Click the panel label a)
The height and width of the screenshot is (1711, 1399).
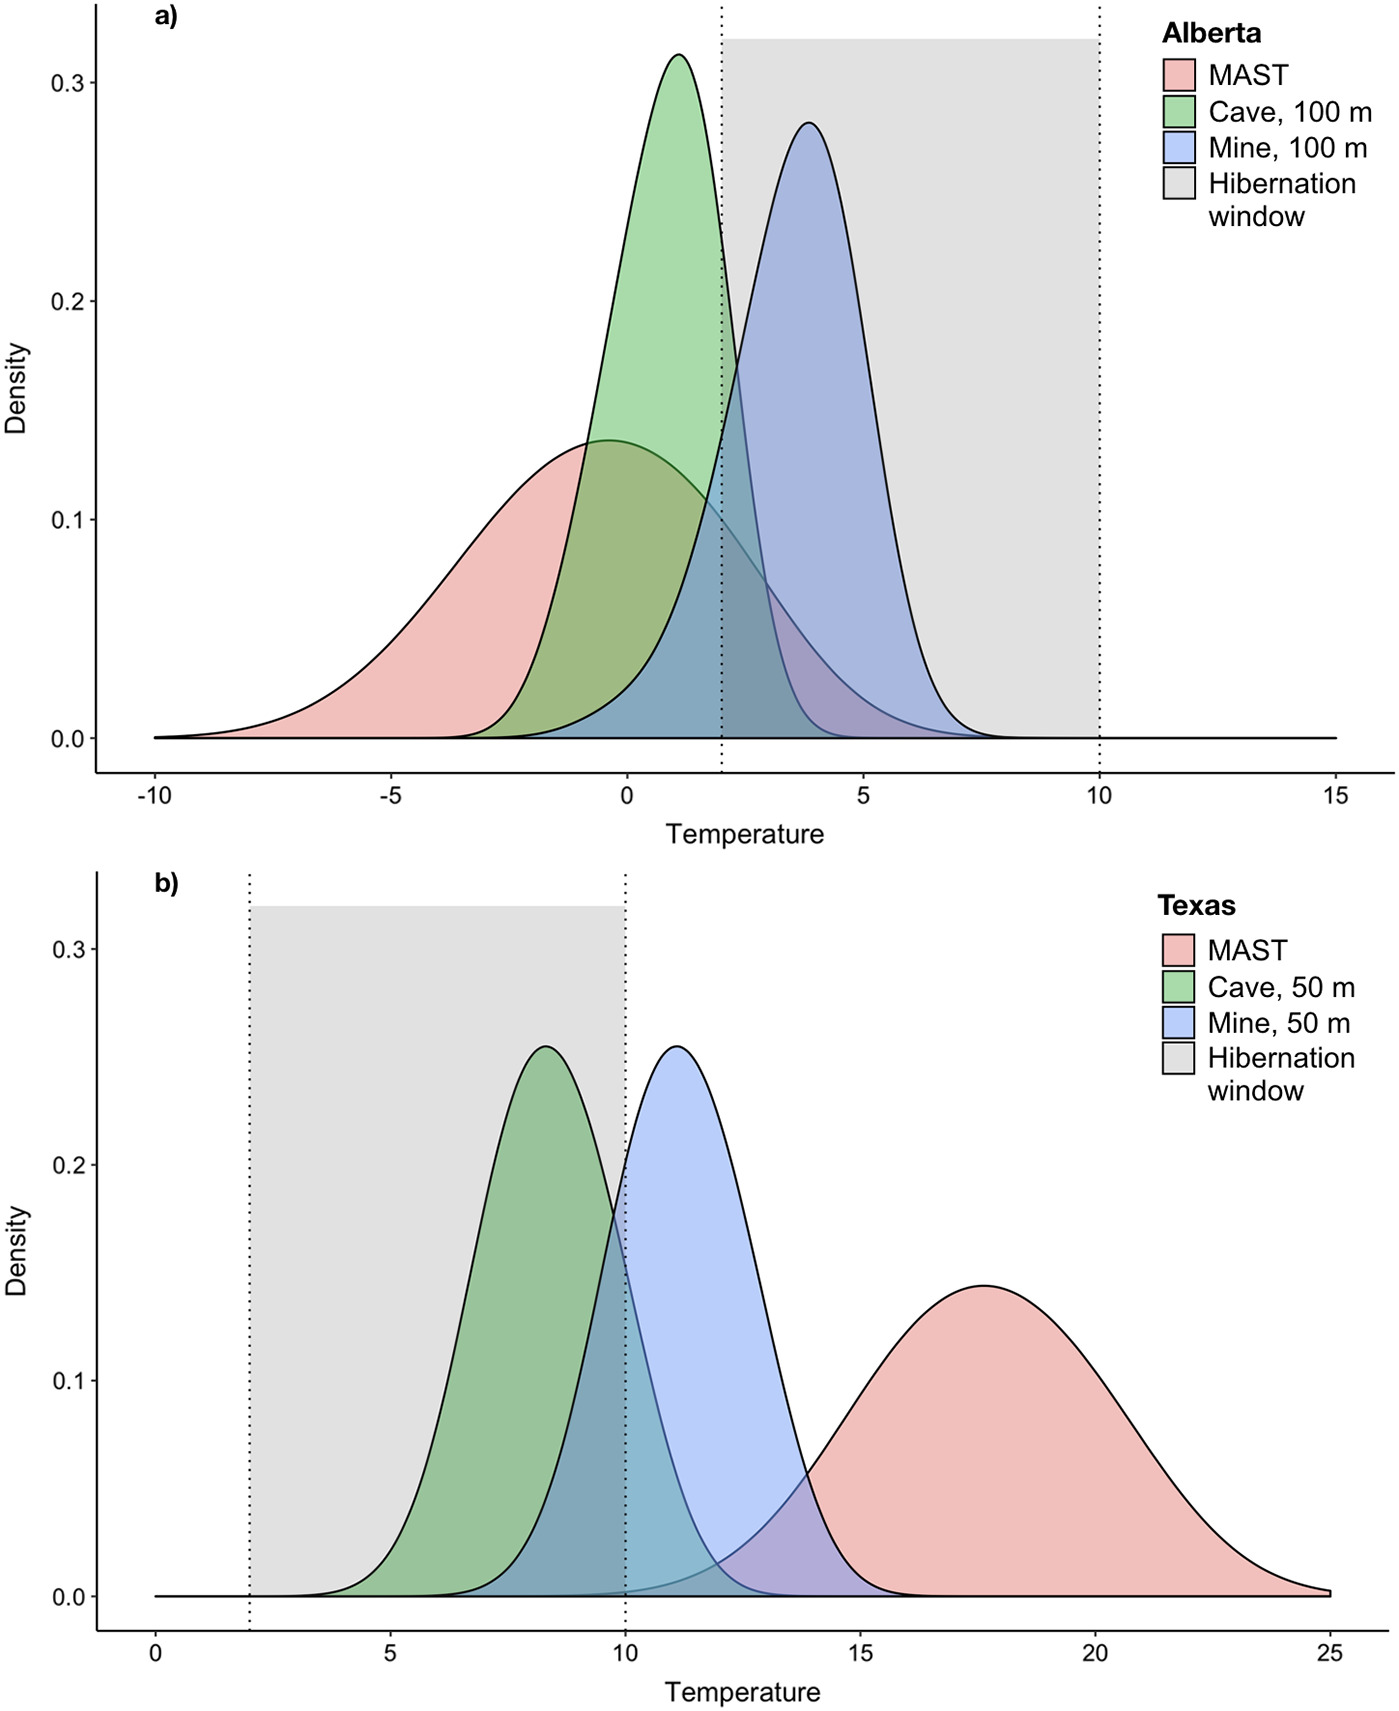[x=166, y=17]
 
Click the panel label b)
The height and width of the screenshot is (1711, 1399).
[x=166, y=884]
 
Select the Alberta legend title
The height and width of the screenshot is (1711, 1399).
[x=1211, y=34]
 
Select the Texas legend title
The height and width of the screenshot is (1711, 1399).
[x=1196, y=906]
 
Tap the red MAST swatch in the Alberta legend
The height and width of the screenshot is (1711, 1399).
[x=1179, y=76]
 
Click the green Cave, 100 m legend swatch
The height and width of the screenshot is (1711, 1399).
[x=1179, y=112]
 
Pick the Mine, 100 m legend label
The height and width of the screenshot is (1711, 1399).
[x=1287, y=148]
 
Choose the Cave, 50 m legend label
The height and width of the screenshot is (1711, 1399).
[x=1281, y=988]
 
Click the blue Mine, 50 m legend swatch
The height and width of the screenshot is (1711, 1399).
[x=1178, y=1023]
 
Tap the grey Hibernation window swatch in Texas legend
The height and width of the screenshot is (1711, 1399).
[x=1178, y=1059]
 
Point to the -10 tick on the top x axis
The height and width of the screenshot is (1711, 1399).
[x=154, y=796]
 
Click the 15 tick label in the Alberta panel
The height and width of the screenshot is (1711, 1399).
[x=1335, y=796]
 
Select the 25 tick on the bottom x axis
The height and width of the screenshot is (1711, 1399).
[x=1330, y=1654]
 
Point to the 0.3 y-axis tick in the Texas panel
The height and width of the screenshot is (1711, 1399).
[x=67, y=949]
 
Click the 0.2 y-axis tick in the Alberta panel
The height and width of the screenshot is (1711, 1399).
[x=67, y=301]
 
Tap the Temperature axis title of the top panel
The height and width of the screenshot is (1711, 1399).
[x=745, y=834]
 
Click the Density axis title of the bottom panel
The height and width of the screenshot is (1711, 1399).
[x=17, y=1251]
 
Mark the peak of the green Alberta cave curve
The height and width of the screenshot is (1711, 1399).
[x=679, y=55]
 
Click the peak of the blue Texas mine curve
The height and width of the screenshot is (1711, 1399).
[x=677, y=1047]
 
